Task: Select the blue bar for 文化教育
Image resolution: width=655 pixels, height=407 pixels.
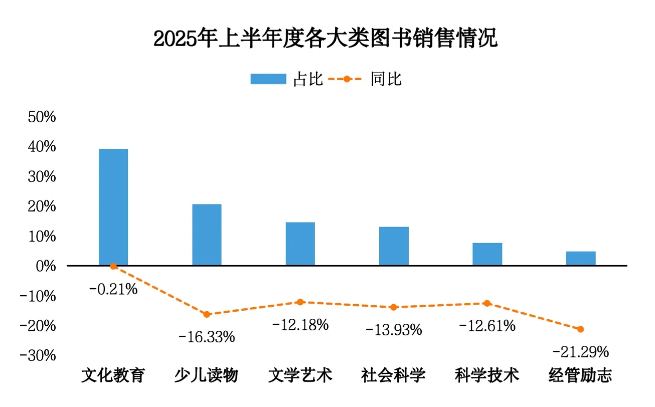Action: [x=113, y=207]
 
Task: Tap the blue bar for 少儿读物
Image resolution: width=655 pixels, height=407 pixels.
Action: [x=207, y=235]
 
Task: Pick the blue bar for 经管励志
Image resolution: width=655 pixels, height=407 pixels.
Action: [x=581, y=258]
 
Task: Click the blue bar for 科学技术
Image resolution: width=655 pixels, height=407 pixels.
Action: [x=487, y=254]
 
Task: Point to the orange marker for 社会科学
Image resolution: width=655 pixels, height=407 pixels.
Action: [x=394, y=307]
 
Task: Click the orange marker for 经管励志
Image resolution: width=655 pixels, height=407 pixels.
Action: [x=581, y=329]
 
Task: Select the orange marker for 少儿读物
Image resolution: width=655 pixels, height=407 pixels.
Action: [x=207, y=314]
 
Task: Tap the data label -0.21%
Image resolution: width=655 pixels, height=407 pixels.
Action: [x=113, y=289]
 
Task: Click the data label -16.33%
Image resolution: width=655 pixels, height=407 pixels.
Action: [x=207, y=336]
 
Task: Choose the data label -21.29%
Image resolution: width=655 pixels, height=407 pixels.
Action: [x=581, y=352]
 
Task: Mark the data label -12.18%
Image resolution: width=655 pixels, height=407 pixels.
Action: [x=300, y=324]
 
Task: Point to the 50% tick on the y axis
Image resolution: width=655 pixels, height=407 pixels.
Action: [x=42, y=117]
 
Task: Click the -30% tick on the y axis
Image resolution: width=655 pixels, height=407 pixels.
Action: [x=40, y=355]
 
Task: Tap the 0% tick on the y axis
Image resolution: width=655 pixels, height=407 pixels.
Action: [x=45, y=266]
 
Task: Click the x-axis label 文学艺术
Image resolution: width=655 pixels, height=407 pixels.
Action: [x=300, y=375]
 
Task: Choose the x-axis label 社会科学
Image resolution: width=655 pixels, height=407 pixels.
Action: [x=394, y=375]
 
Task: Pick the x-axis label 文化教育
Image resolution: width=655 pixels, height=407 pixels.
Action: [x=113, y=375]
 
